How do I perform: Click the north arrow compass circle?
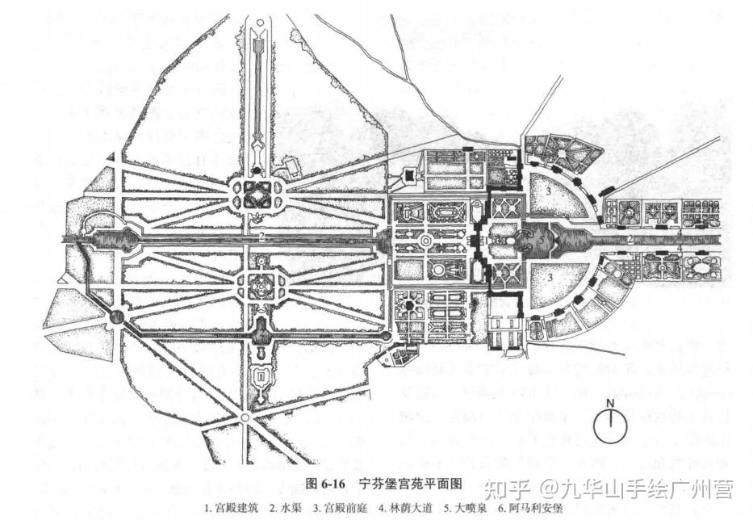[611, 426]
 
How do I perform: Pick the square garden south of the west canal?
[261, 283]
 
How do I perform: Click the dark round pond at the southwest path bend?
[117, 317]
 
